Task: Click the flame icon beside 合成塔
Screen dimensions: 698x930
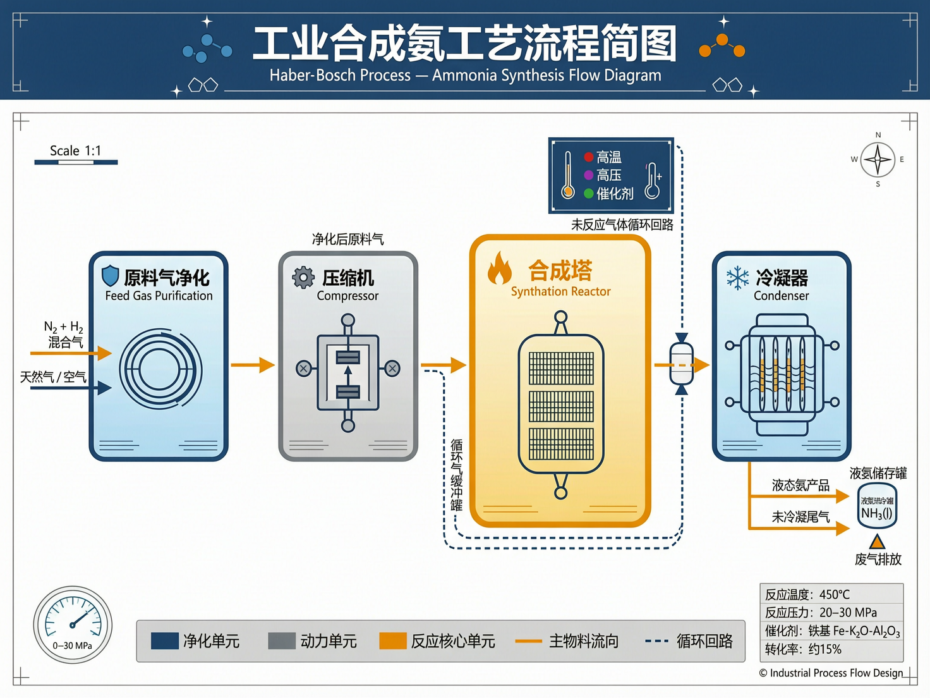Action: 499,269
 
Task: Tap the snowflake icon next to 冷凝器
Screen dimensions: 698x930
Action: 737,278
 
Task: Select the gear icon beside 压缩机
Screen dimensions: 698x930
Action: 303,277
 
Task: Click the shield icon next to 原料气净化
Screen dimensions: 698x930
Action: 111,276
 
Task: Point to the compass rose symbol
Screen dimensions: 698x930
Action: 878,159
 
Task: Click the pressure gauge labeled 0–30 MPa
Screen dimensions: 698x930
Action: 73,625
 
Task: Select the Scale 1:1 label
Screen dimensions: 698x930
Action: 75,150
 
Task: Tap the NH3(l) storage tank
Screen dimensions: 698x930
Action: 877,506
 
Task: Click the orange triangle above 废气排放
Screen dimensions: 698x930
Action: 877,542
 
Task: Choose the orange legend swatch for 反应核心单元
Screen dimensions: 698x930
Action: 392,641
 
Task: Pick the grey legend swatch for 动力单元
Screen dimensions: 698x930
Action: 282,641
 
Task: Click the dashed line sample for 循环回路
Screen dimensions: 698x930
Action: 657,641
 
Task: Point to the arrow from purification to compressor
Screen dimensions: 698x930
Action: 253,365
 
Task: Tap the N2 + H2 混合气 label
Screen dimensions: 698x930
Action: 64,334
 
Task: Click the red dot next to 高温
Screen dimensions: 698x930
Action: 588,157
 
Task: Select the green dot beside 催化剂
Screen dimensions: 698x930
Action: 588,193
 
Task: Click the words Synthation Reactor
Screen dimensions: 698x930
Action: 560,291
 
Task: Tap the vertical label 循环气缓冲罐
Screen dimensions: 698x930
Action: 456,474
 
